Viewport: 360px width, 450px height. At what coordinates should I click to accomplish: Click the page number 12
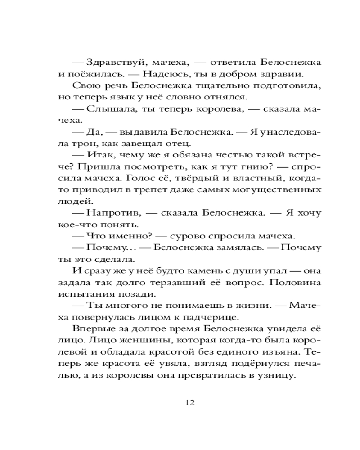pyautogui.click(x=189, y=402)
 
